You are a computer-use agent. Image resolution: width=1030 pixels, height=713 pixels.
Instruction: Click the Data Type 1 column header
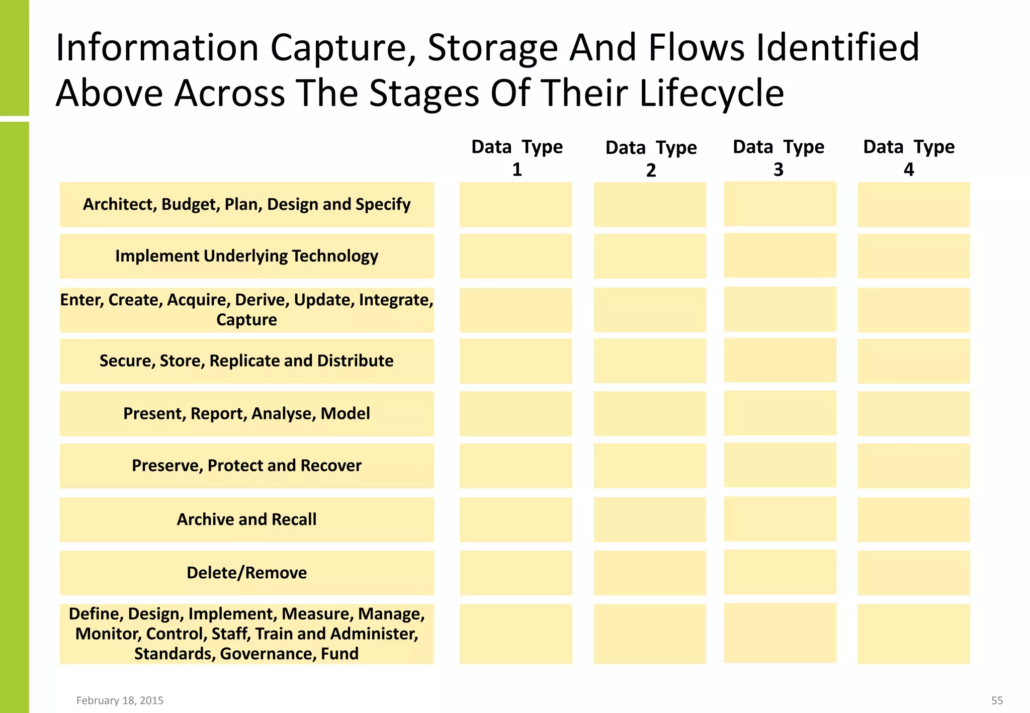click(517, 157)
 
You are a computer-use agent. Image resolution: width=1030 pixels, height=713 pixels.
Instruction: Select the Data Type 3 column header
click(779, 157)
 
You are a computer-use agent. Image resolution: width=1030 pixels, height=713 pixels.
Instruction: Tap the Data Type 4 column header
click(909, 157)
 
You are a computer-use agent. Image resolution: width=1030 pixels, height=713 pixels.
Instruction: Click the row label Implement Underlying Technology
click(246, 256)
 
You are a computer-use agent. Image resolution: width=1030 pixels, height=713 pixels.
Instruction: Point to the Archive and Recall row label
click(246, 519)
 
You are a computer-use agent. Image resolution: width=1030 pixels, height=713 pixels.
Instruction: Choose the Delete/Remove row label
click(246, 573)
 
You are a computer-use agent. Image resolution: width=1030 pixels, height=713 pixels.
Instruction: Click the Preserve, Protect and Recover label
click(246, 466)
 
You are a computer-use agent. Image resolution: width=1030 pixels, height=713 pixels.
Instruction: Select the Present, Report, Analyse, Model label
click(246, 413)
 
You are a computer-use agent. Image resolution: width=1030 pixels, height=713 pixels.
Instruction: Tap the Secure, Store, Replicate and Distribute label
click(246, 361)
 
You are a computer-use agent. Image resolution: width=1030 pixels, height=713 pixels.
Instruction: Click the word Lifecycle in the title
click(711, 93)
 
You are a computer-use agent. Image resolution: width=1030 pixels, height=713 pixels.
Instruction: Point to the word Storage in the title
click(492, 48)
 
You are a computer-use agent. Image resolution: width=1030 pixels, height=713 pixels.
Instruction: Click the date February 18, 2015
click(120, 700)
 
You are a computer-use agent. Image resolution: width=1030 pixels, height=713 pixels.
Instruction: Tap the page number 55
click(997, 700)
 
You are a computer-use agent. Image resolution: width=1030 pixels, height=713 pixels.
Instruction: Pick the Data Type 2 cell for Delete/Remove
click(649, 573)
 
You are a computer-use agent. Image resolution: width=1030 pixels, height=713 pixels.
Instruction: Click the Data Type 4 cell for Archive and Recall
click(913, 519)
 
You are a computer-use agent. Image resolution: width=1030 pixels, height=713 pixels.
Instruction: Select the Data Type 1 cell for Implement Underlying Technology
click(516, 256)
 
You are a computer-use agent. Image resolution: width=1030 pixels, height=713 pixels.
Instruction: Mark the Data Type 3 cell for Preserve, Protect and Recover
click(780, 465)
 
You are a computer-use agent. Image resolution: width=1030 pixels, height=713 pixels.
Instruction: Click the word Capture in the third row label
click(246, 320)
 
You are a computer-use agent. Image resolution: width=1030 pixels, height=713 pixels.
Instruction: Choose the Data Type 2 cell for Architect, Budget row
click(649, 205)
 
